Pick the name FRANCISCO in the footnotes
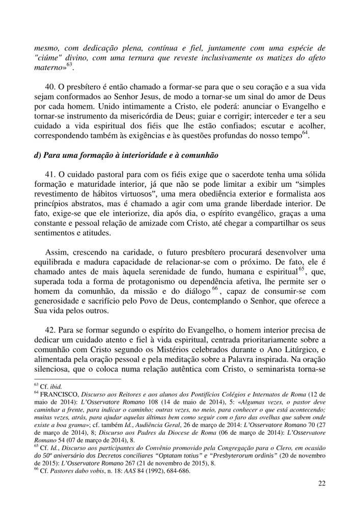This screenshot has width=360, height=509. point(59,394)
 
